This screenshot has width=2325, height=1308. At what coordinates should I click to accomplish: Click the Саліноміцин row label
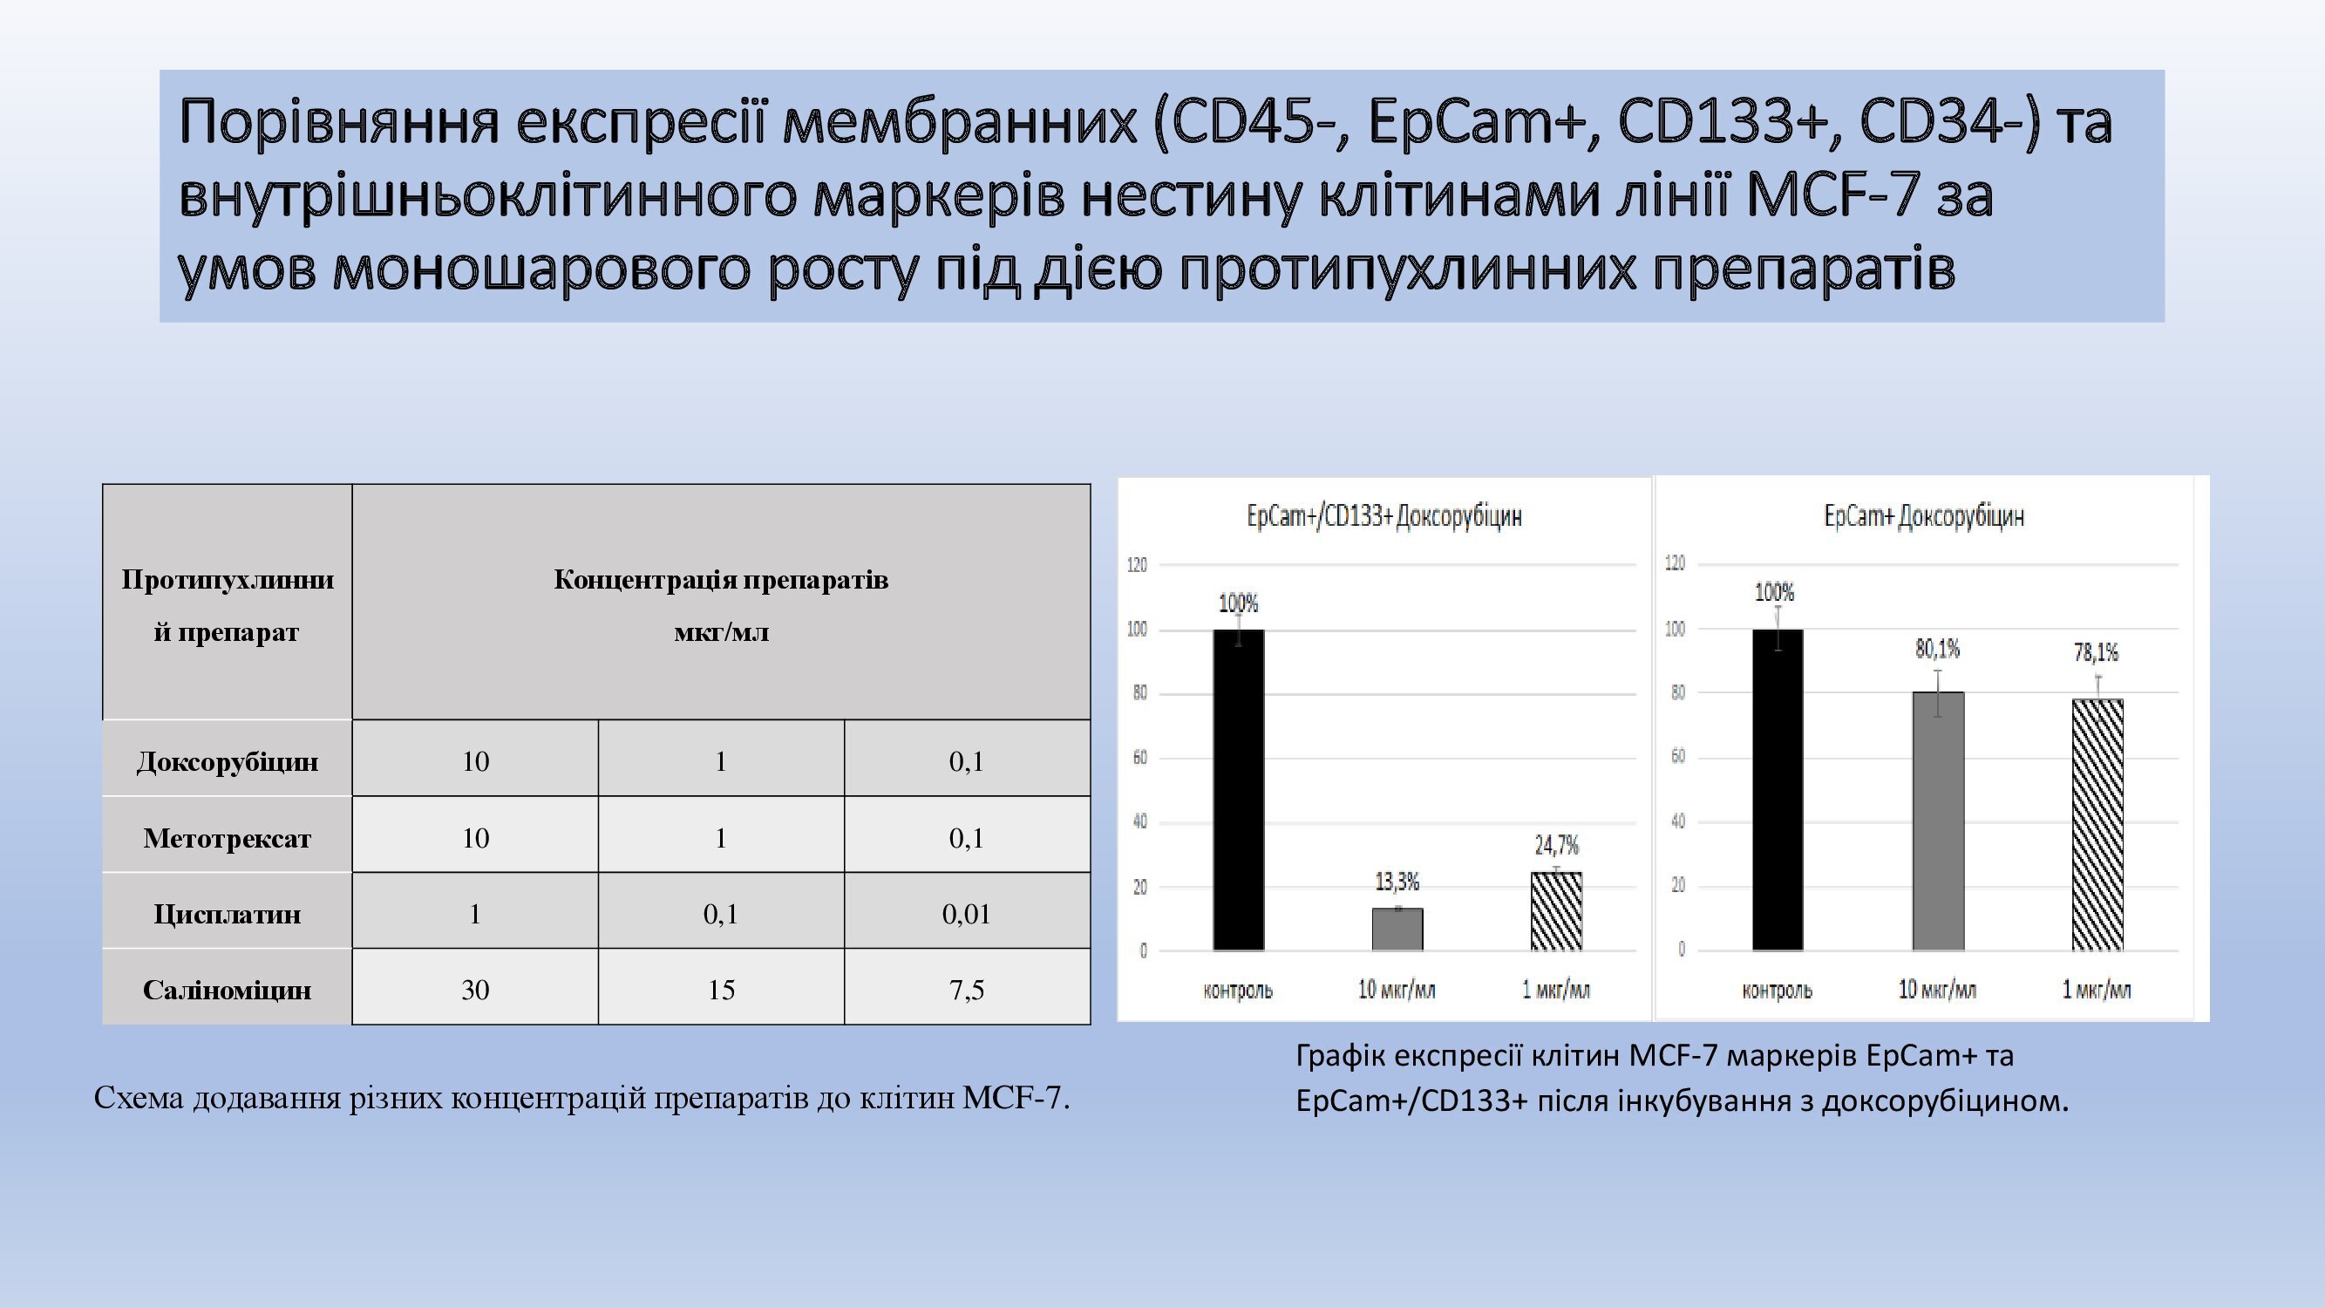[x=227, y=991]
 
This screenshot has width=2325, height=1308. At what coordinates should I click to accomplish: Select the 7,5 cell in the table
[x=967, y=991]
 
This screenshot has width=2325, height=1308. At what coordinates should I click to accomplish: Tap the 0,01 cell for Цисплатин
[x=967, y=915]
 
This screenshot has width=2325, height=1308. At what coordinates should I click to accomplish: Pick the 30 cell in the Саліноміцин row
[x=475, y=991]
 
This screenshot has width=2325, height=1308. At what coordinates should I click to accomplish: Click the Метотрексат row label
[x=227, y=839]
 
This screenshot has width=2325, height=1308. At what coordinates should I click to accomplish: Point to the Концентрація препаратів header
[x=721, y=580]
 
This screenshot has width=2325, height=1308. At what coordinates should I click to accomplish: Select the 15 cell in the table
[x=721, y=991]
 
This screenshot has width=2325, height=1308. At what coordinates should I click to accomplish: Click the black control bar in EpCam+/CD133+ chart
[x=1238, y=790]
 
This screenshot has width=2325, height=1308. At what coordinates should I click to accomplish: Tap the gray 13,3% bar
[x=1397, y=929]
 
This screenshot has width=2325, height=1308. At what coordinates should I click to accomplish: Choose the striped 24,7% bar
[x=1556, y=911]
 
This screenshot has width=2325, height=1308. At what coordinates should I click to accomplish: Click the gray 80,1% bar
[x=1938, y=821]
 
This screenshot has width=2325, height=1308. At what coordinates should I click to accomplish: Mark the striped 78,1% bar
[x=2097, y=824]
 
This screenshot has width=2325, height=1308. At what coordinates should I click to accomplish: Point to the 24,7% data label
[x=1557, y=845]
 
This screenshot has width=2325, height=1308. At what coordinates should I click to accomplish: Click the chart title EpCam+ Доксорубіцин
[x=1924, y=516]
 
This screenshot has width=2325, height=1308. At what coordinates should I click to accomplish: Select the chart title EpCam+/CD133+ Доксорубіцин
[x=1384, y=516]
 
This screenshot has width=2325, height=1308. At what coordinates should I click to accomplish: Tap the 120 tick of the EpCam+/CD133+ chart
[x=1138, y=565]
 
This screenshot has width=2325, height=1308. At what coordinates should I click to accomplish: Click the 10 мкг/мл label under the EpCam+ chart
[x=1937, y=991]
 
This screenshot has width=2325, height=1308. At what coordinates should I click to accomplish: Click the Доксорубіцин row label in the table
[x=227, y=762]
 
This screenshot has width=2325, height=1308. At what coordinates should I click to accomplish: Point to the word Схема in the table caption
[x=139, y=1098]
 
